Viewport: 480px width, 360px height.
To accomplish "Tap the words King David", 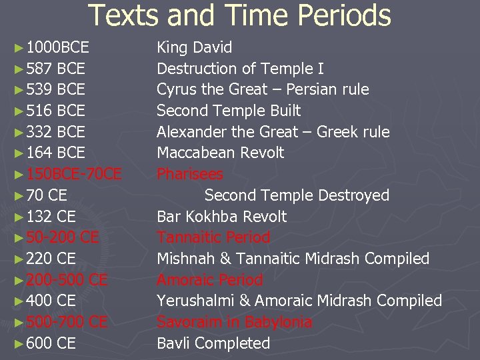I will coord(195,47).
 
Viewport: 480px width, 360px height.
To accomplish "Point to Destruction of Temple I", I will coord(240,69).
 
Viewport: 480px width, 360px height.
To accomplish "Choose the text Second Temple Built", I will coord(229,111).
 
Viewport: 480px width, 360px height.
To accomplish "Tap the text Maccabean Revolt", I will coord(220,153).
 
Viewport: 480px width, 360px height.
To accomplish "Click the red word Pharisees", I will coord(190,174).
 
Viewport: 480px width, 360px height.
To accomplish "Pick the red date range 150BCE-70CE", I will coord(74,174).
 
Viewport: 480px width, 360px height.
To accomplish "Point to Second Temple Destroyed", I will coord(297,195).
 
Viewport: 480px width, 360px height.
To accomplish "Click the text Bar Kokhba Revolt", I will coord(221,217).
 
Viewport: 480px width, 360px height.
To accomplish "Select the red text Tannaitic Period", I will coord(213,237).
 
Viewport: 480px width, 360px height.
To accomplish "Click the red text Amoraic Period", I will coord(210,280).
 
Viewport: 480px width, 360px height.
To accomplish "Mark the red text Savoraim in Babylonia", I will coord(234,322).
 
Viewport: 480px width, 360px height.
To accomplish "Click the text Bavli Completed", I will coord(213,343).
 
